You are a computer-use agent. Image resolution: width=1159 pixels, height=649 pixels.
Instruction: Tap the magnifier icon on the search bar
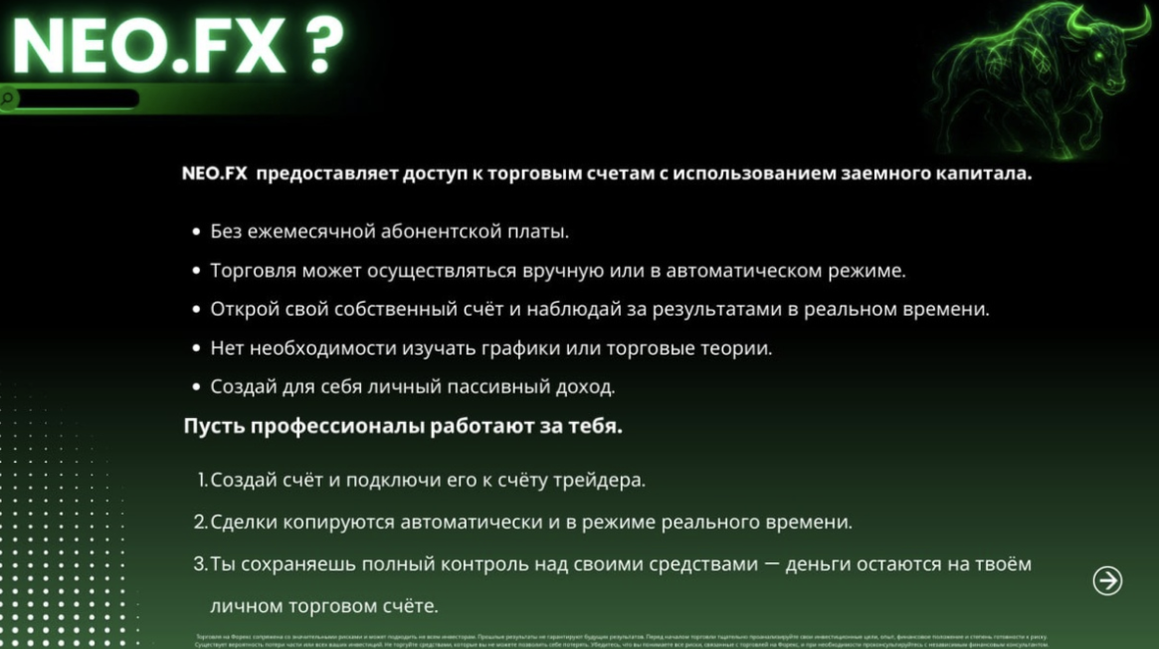point(8,99)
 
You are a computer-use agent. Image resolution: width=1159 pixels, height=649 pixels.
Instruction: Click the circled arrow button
point(1107,580)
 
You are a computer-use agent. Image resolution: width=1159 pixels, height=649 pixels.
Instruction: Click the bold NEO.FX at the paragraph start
point(214,173)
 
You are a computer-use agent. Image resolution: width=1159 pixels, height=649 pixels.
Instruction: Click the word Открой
point(239,310)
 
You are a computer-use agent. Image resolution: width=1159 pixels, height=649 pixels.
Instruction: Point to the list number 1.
point(202,480)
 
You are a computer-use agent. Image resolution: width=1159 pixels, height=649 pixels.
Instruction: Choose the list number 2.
point(200,523)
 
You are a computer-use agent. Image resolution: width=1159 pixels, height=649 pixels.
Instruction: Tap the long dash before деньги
point(769,564)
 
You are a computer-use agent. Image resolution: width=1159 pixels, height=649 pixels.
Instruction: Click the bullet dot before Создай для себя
point(196,387)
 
